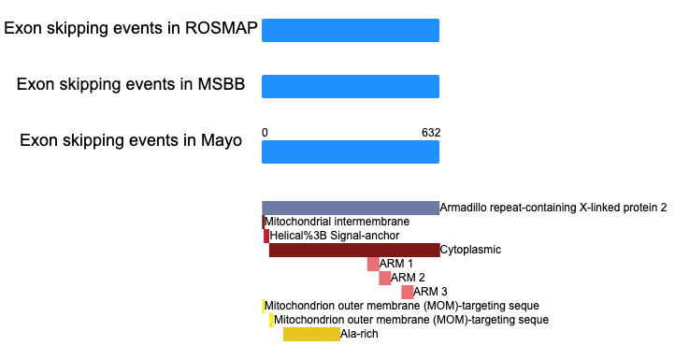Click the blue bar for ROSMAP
coord(351,30)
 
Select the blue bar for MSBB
coord(351,87)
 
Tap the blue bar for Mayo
coord(351,152)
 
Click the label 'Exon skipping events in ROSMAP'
coord(131,28)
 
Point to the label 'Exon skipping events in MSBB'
coord(131,84)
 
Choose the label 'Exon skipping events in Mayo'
coord(131,140)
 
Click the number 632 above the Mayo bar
coord(431,133)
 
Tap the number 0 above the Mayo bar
coord(265,133)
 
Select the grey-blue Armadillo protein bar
coord(351,208)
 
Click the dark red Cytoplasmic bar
coord(354,251)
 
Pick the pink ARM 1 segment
coord(373,264)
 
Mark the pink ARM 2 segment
coord(385,279)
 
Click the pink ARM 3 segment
coord(408,292)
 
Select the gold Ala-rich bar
coord(311,334)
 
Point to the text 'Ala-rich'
coord(359,334)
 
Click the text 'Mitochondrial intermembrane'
coord(337,222)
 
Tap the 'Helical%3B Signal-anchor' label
coord(335,236)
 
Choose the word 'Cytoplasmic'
coord(470,250)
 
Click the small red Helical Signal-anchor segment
coord(266,236)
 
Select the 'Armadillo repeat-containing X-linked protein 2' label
coord(553,208)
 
